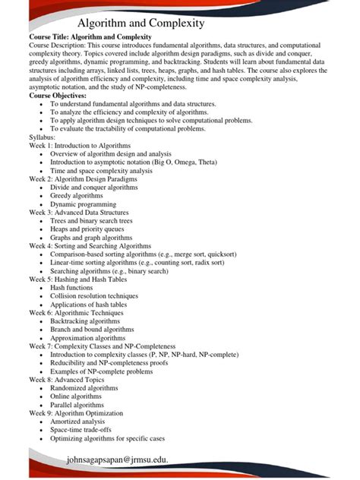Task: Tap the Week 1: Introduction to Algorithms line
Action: (80, 144)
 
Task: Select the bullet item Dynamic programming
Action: (85, 204)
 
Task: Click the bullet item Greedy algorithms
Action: (81, 196)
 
